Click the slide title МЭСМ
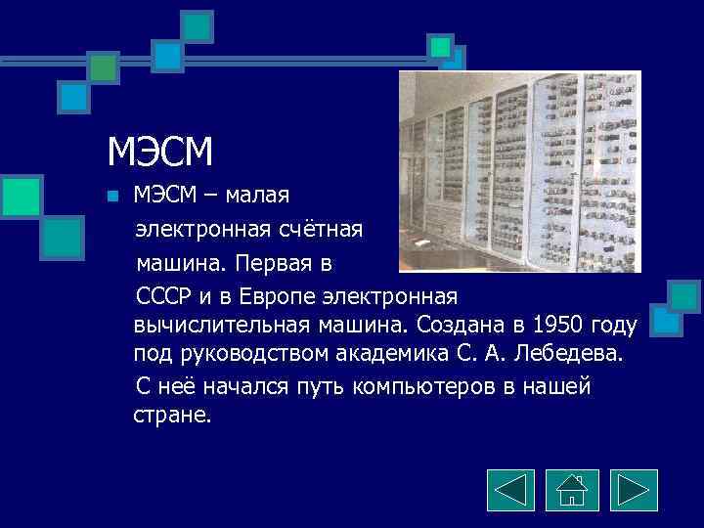pyautogui.click(x=160, y=153)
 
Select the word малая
pyautogui.click(x=257, y=196)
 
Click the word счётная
pyautogui.click(x=318, y=230)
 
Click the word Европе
pyautogui.click(x=286, y=294)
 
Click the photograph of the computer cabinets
pyautogui.click(x=519, y=171)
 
